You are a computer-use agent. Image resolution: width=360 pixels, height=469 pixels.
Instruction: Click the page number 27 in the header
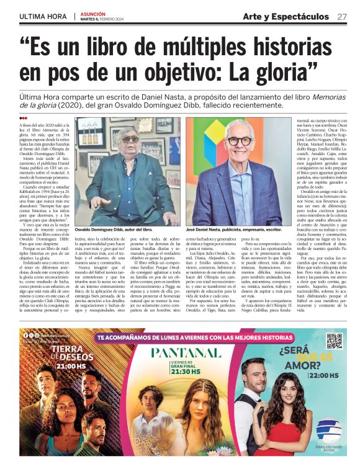342,16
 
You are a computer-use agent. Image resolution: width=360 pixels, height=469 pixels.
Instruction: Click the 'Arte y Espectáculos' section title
286,16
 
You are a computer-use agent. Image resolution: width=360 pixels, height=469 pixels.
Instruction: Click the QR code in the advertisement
334,342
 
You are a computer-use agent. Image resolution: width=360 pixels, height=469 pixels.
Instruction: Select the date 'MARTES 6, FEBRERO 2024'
106,19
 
